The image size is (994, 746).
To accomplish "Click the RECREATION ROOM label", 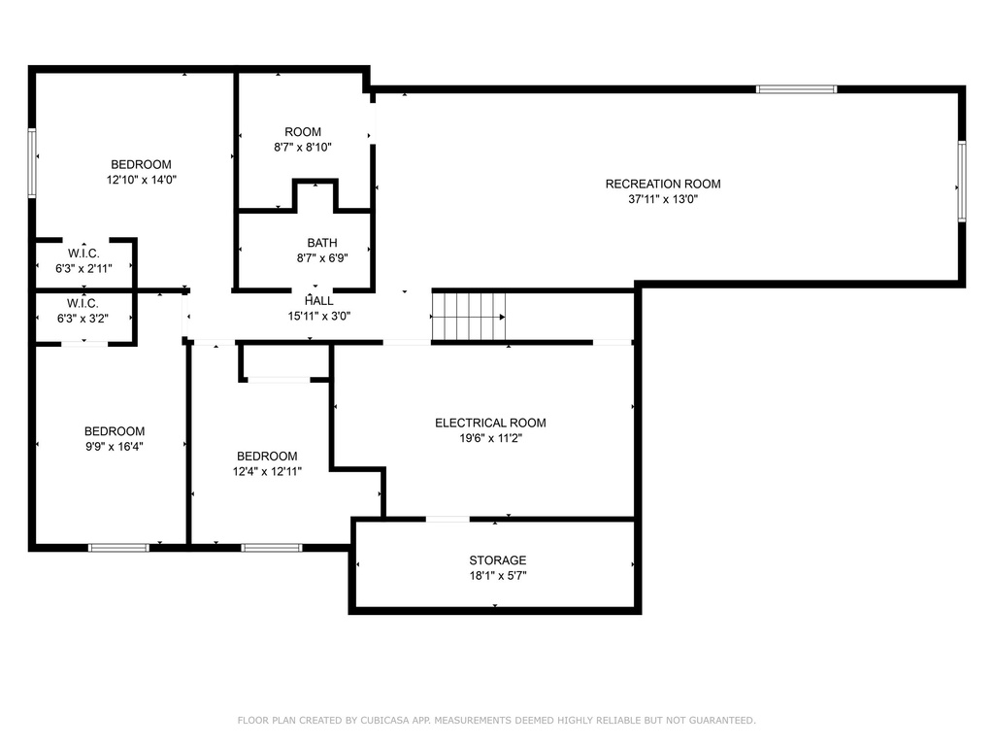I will click(x=663, y=184).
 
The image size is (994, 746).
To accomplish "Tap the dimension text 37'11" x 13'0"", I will click(x=663, y=200).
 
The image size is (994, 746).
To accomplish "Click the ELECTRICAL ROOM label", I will click(x=490, y=423).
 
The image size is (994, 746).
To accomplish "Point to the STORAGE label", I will click(x=497, y=560).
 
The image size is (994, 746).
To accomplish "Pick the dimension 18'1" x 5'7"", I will click(x=497, y=576).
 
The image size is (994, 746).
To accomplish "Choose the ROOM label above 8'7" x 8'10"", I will click(x=303, y=132).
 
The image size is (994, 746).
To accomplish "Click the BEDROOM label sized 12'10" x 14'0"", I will click(x=141, y=164).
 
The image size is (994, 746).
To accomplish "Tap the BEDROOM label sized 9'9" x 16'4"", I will click(x=115, y=431).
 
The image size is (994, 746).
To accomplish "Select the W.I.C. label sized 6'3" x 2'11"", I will click(x=83, y=254).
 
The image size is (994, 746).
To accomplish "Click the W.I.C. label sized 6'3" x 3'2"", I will click(x=83, y=302).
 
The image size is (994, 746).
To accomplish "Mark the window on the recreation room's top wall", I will click(x=796, y=89).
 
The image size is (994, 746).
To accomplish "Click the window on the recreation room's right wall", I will click(x=962, y=181).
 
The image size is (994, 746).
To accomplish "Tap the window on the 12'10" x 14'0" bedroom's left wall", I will click(x=32, y=163).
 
